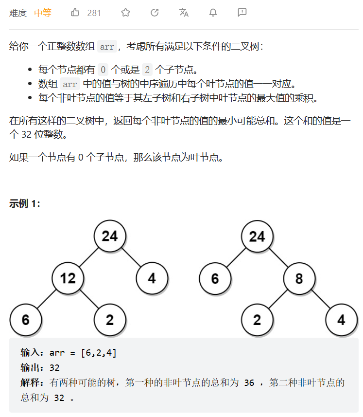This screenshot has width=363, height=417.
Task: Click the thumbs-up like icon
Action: tap(75, 13)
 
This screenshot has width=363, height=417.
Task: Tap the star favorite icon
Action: tap(125, 13)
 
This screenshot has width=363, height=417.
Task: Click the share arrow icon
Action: tap(155, 13)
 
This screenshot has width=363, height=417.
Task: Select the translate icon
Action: tap(184, 13)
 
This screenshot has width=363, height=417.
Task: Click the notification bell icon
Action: tap(213, 13)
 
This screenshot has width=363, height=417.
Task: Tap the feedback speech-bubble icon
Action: tap(242, 13)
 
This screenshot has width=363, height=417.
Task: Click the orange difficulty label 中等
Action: tap(43, 13)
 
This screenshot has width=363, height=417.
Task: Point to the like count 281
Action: tap(94, 13)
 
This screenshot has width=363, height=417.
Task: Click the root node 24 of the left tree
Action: tap(110, 236)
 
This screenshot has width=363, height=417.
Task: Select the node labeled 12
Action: tap(68, 278)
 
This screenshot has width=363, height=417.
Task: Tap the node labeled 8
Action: tap(299, 278)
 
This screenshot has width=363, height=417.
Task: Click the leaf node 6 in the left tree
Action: tap(26, 320)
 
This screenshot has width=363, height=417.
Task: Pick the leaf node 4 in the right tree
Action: tap(341, 320)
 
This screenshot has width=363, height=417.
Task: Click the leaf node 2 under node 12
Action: tap(110, 320)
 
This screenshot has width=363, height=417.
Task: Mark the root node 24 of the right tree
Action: tap(257, 236)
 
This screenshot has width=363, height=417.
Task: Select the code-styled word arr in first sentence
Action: tap(106, 47)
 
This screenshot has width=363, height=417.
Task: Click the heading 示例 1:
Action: tap(25, 204)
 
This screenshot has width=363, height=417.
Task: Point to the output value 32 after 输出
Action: tap(54, 367)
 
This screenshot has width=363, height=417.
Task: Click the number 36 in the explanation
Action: tap(249, 382)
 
